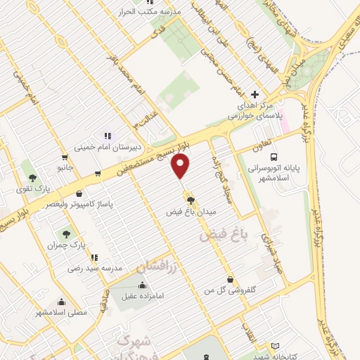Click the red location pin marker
[x=181, y=167]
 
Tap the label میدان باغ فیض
[x=191, y=211]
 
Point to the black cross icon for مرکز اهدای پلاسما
[x=255, y=94]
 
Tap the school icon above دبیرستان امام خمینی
[x=107, y=135]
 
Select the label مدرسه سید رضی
[x=94, y=268]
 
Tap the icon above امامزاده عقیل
[x=143, y=285]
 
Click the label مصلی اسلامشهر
[x=61, y=311]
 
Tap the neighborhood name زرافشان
[x=147, y=265]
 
